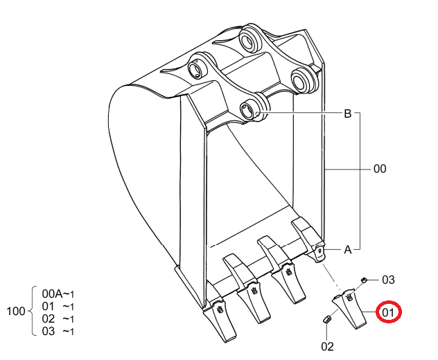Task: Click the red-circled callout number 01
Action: coord(388,312)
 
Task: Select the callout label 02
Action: coord(327,346)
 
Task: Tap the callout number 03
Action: coord(388,280)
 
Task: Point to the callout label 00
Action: coord(380,168)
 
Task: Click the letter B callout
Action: coord(347,114)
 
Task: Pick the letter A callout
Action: coord(347,249)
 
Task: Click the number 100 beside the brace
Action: coord(16,311)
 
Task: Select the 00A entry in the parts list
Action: coord(52,294)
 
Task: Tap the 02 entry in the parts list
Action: coord(48,318)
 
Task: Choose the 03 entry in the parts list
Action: coord(48,331)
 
